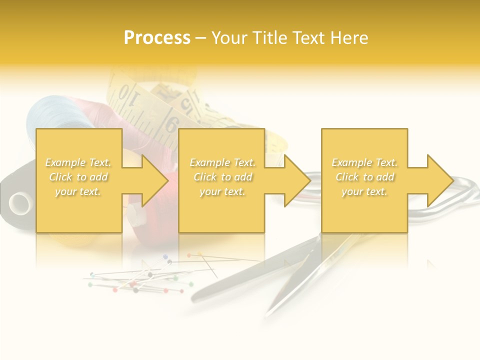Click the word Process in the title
(x=157, y=38)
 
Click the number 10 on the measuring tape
(x=127, y=96)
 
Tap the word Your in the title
(x=230, y=38)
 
